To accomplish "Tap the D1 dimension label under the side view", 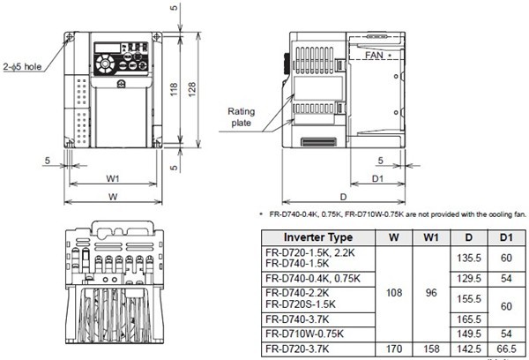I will coord(376,179).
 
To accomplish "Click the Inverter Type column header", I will coord(317,237).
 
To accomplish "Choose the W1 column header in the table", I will coord(429,237).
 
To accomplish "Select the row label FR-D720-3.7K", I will coord(300,349).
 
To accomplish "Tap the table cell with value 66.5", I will coord(506,349).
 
